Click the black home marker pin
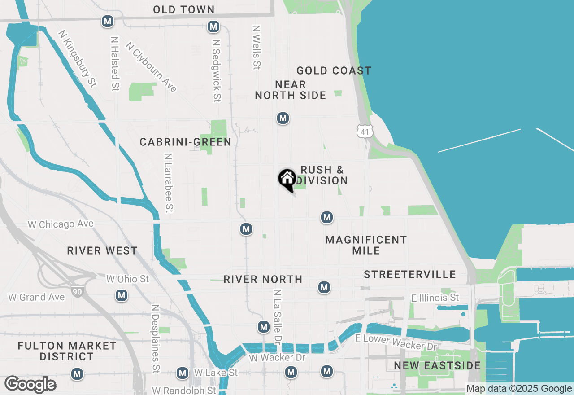pyautogui.click(x=287, y=179)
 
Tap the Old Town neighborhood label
pyautogui.click(x=184, y=9)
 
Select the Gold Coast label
pyautogui.click(x=334, y=70)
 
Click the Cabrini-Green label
pyautogui.click(x=185, y=142)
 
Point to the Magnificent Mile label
pyautogui.click(x=366, y=245)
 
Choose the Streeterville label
pyautogui.click(x=409, y=274)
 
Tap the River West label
pyautogui.click(x=102, y=250)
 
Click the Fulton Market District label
pyautogui.click(x=67, y=351)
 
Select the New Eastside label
pyautogui.click(x=437, y=366)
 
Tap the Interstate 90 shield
pyautogui.click(x=77, y=292)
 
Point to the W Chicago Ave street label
pyautogui.click(x=61, y=224)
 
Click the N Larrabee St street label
pyautogui.click(x=169, y=183)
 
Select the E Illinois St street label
pyautogui.click(x=435, y=298)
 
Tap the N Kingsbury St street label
pyautogui.click(x=77, y=58)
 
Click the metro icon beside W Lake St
pyautogui.click(x=182, y=373)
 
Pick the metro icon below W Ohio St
pyautogui.click(x=121, y=295)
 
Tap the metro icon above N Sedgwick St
pyautogui.click(x=213, y=27)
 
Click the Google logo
pyautogui.click(x=30, y=385)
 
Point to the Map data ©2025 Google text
pyautogui.click(x=519, y=389)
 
